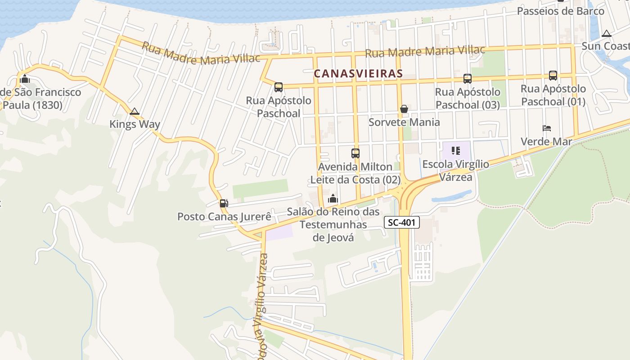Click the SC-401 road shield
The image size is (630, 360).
pos(402,222)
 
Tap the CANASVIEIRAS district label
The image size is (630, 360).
pos(358,73)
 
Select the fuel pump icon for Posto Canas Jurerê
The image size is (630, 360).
pos(224,203)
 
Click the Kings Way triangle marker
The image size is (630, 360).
pos(134,111)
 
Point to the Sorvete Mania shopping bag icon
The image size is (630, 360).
pos(404,109)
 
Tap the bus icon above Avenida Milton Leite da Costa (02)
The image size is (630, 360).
pos(355,153)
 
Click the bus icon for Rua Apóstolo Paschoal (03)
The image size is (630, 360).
pos(468,79)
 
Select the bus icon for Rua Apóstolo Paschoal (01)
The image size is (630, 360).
pos(553,76)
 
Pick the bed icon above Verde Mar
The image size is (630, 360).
pos(547,128)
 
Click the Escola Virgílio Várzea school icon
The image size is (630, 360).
pos(456,151)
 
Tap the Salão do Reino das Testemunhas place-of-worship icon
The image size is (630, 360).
pos(333,198)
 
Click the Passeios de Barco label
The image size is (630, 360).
pos(560,11)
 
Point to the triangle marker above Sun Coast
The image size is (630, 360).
pos(607,33)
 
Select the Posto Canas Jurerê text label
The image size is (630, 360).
pos(224,216)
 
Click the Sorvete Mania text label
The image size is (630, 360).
pos(404,122)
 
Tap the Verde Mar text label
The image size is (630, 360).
pos(546,142)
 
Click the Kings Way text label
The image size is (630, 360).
pos(135,124)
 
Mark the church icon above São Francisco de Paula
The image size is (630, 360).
pos(25,79)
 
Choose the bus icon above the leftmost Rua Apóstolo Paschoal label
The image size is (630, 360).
pos(279,87)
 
